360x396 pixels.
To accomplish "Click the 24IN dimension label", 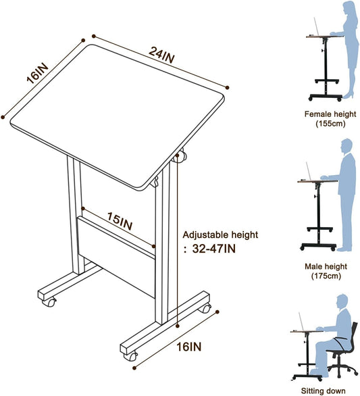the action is [x=161, y=55].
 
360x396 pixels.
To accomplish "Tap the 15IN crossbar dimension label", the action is [x=120, y=221].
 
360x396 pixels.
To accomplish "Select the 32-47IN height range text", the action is [x=214, y=249].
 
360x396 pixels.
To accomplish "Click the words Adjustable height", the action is [x=220, y=235].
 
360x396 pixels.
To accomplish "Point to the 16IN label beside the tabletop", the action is [x=37, y=73].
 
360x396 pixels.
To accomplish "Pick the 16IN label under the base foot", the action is [x=189, y=347].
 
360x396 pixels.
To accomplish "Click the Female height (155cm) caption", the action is [x=330, y=119].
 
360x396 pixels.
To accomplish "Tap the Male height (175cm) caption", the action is [x=326, y=271].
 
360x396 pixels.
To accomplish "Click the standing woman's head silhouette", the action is [x=350, y=7].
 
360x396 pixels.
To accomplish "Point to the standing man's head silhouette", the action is [x=346, y=146].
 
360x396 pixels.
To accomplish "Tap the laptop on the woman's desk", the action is [x=316, y=26].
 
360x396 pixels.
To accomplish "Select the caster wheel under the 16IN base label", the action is [x=131, y=356].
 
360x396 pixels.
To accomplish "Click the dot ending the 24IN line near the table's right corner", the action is [x=227, y=88].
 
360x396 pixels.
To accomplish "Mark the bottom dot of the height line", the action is [x=178, y=326].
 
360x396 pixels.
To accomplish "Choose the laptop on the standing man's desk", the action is [x=309, y=171].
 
